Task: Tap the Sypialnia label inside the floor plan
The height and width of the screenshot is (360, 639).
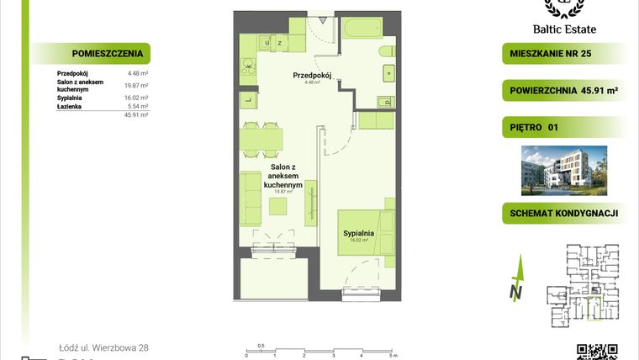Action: [359, 232]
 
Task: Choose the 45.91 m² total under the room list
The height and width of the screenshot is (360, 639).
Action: [137, 115]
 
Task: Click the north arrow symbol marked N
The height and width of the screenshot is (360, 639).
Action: [515, 283]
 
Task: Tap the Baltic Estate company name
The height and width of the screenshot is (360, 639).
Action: [575, 28]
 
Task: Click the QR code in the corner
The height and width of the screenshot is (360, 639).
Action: [597, 352]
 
